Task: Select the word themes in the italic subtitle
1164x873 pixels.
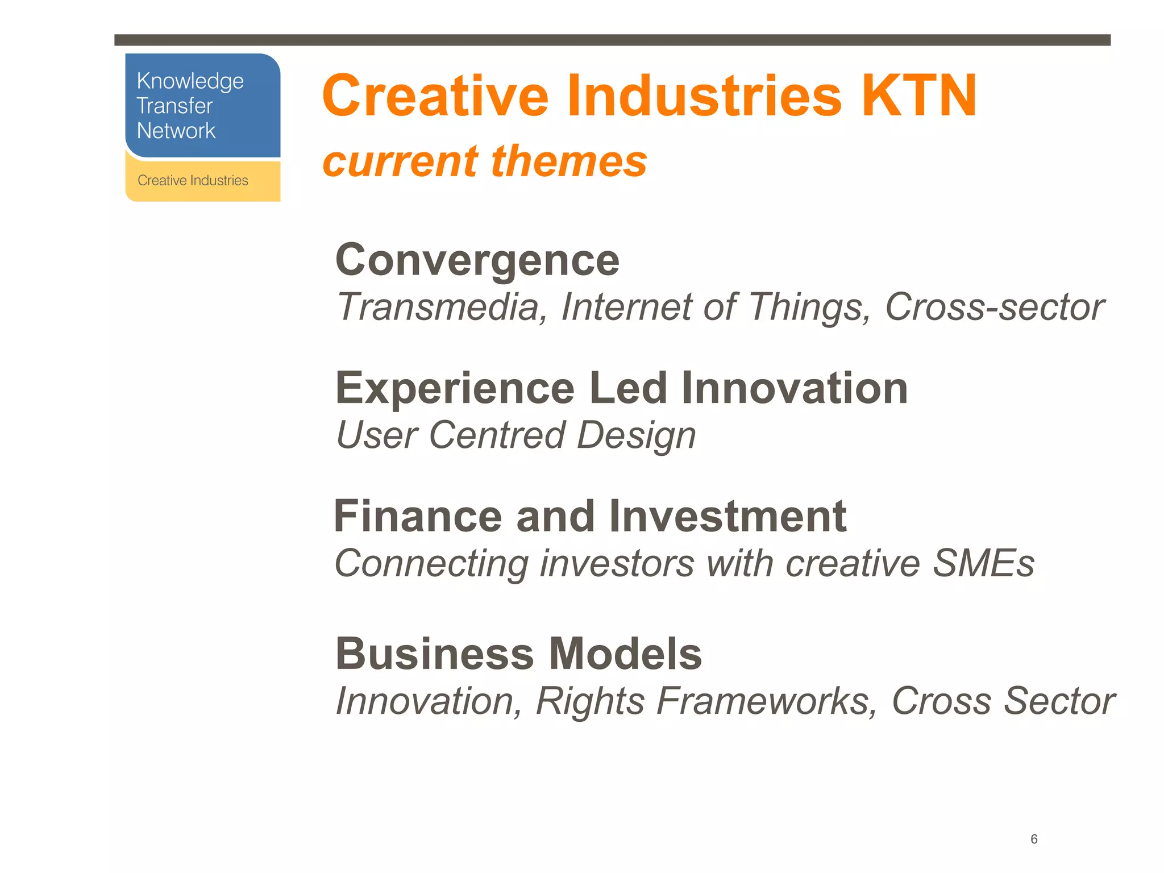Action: click(x=569, y=161)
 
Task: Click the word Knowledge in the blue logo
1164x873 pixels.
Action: click(x=190, y=82)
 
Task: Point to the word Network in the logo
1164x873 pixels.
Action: click(x=176, y=131)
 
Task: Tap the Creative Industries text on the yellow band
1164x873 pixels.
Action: click(x=193, y=181)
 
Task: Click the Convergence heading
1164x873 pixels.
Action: click(x=477, y=260)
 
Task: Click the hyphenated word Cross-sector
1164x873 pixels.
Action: click(x=995, y=307)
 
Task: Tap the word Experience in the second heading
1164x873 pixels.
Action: click(x=455, y=389)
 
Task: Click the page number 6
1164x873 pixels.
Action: click(x=1034, y=839)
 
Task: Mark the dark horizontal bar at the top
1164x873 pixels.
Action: click(x=612, y=40)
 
